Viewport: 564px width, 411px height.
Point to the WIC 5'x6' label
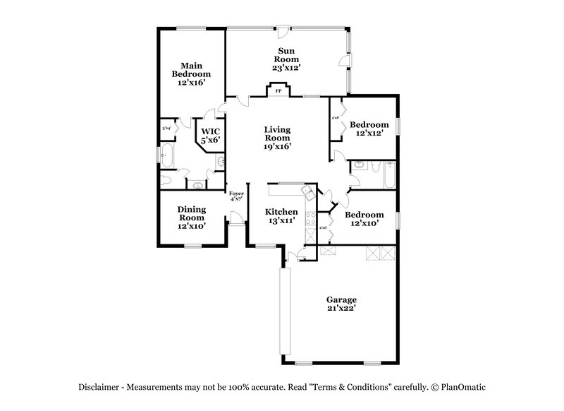click(x=211, y=136)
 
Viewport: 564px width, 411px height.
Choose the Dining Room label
click(x=191, y=218)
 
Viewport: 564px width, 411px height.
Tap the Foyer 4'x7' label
click(x=236, y=196)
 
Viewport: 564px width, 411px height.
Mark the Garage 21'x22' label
click(x=341, y=304)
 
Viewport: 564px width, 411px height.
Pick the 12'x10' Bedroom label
click(x=364, y=219)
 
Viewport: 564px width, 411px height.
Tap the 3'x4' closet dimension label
click(x=167, y=129)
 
